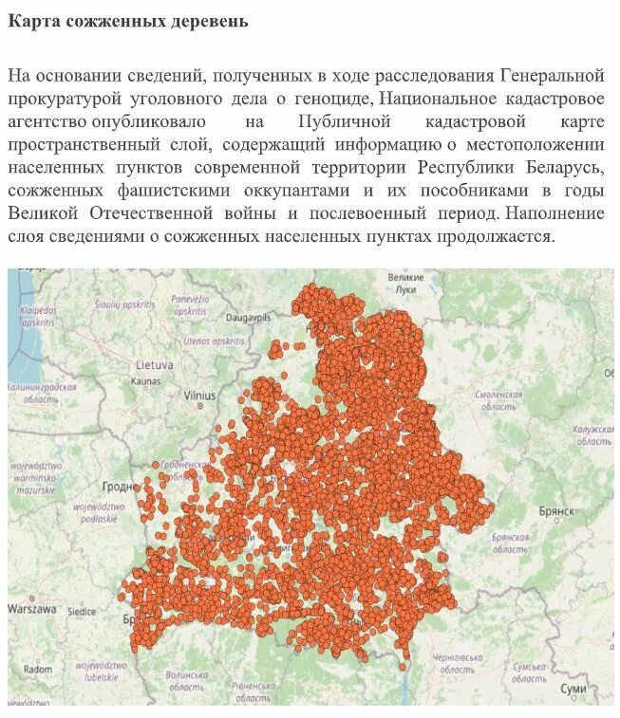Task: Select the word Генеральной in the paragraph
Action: (x=552, y=75)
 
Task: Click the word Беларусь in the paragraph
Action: (x=560, y=167)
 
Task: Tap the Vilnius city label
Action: (x=199, y=395)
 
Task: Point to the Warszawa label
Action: (x=32, y=608)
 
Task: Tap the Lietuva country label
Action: (x=154, y=363)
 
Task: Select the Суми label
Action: (x=573, y=687)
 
